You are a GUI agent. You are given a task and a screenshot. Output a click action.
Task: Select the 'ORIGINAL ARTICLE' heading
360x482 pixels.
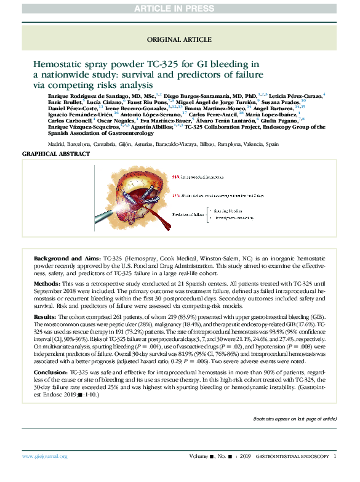pyautogui.click(x=179, y=39)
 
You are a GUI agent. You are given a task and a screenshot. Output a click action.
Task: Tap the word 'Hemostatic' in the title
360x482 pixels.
pyautogui.click(x=56, y=63)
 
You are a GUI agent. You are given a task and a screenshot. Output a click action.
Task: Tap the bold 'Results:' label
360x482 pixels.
pyautogui.click(x=46, y=316)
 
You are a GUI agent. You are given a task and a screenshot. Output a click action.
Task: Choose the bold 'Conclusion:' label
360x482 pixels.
pyautogui.click(x=50, y=373)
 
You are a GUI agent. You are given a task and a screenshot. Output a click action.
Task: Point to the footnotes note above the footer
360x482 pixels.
pyautogui.click(x=295, y=418)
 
